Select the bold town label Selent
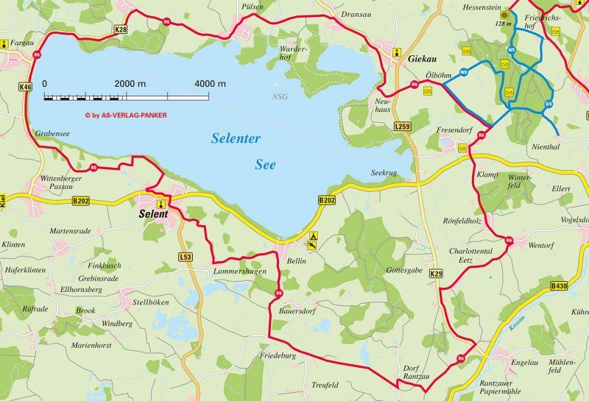point(154,215)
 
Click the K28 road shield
point(121,29)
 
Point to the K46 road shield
point(26,87)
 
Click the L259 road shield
point(403,127)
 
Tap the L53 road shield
point(186,257)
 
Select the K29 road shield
point(437,274)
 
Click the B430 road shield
point(559,285)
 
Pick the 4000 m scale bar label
point(211,84)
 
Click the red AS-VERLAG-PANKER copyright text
point(125,116)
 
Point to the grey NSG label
point(280,97)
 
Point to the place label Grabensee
point(52,135)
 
